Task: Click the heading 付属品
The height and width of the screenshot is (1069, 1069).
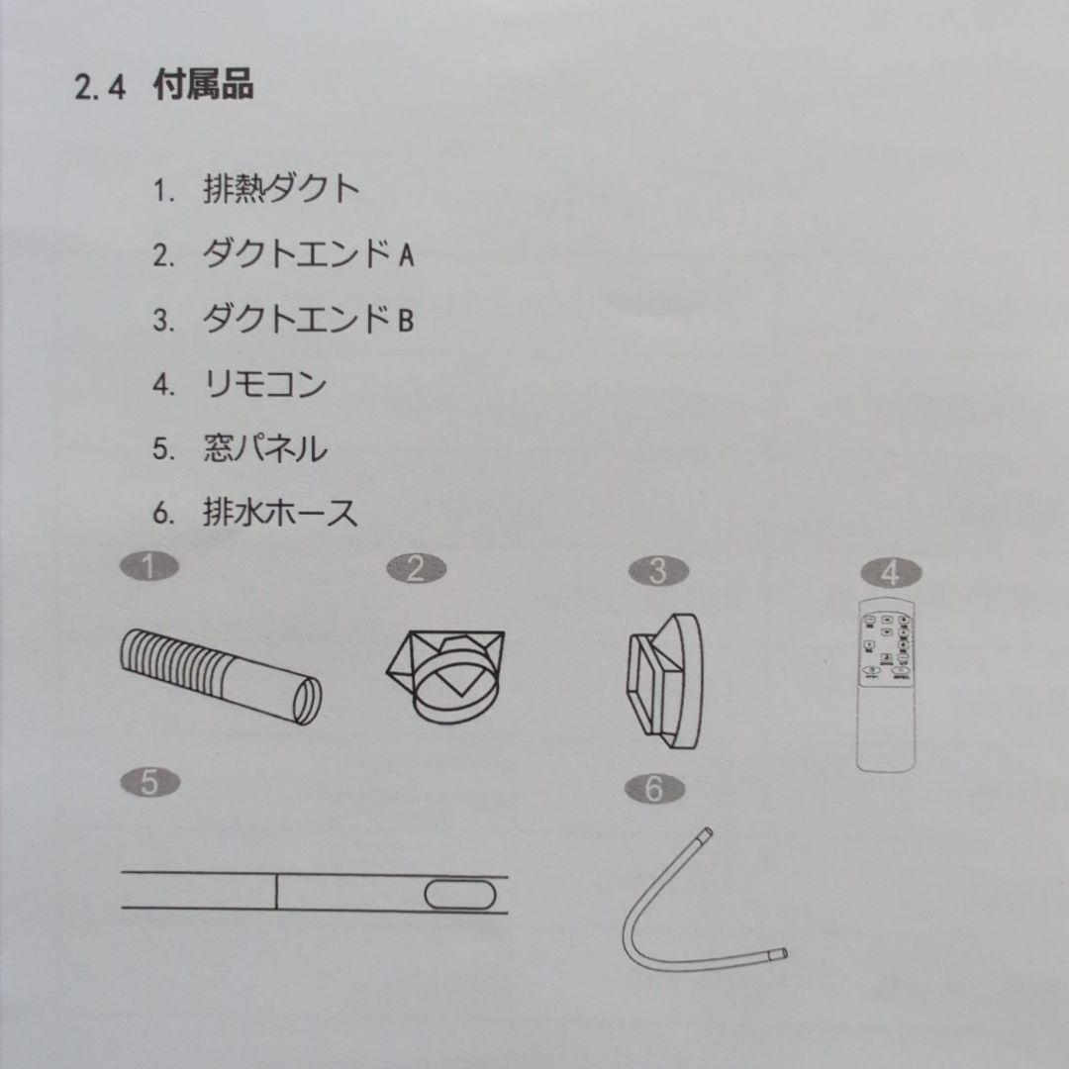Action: pos(203,86)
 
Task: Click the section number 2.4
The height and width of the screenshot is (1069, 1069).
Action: pos(100,88)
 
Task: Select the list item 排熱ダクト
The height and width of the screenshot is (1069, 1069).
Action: pos(281,189)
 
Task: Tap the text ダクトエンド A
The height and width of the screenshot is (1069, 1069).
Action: pos(308,255)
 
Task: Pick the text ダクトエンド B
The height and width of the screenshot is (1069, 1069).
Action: pos(308,320)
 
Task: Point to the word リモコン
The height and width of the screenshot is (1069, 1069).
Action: pos(264,384)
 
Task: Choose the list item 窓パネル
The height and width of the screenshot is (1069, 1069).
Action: pos(264,448)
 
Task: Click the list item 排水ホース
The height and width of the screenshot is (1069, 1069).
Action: pos(281,514)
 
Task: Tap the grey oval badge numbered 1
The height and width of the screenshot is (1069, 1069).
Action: pos(148,567)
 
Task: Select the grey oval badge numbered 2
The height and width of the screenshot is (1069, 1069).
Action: pos(416,568)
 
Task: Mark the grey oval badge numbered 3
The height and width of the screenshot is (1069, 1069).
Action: pos(658,571)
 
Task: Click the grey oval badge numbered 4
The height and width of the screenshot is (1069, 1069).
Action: pos(890,572)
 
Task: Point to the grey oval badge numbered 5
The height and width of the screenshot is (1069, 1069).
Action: pos(148,783)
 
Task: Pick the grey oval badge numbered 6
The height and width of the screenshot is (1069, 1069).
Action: pos(652,789)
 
